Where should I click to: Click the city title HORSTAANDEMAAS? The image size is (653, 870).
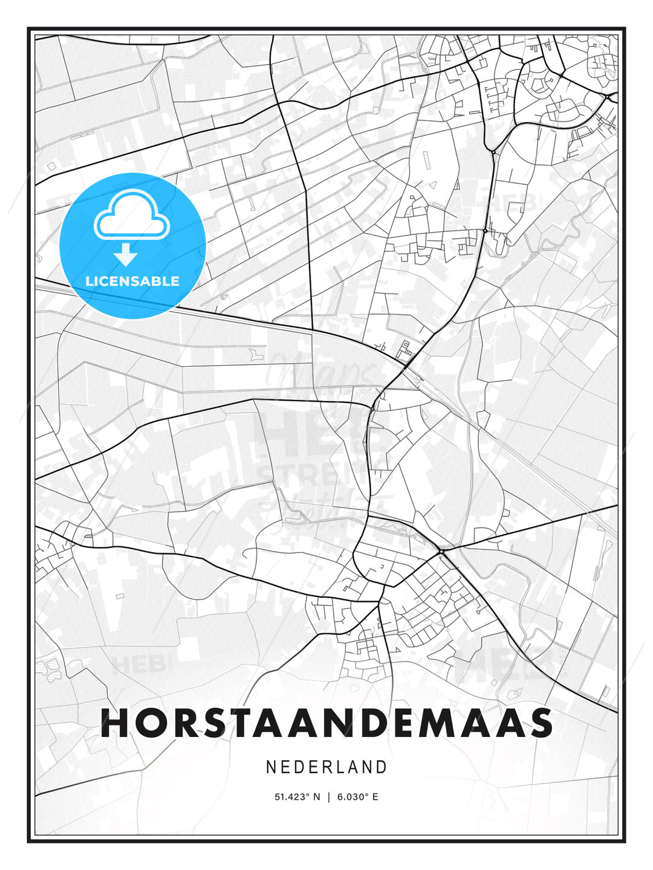tap(326, 723)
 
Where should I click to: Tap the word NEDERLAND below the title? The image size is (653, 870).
tap(326, 767)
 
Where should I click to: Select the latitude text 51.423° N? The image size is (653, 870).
tap(297, 797)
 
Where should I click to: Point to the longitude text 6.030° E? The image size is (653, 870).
tap(358, 797)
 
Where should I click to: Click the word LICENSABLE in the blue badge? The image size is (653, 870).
tap(132, 281)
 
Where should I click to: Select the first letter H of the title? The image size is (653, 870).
tap(114, 723)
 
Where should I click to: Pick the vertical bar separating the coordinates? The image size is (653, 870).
tap(328, 797)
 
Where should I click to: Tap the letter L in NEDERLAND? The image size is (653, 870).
tap(339, 767)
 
